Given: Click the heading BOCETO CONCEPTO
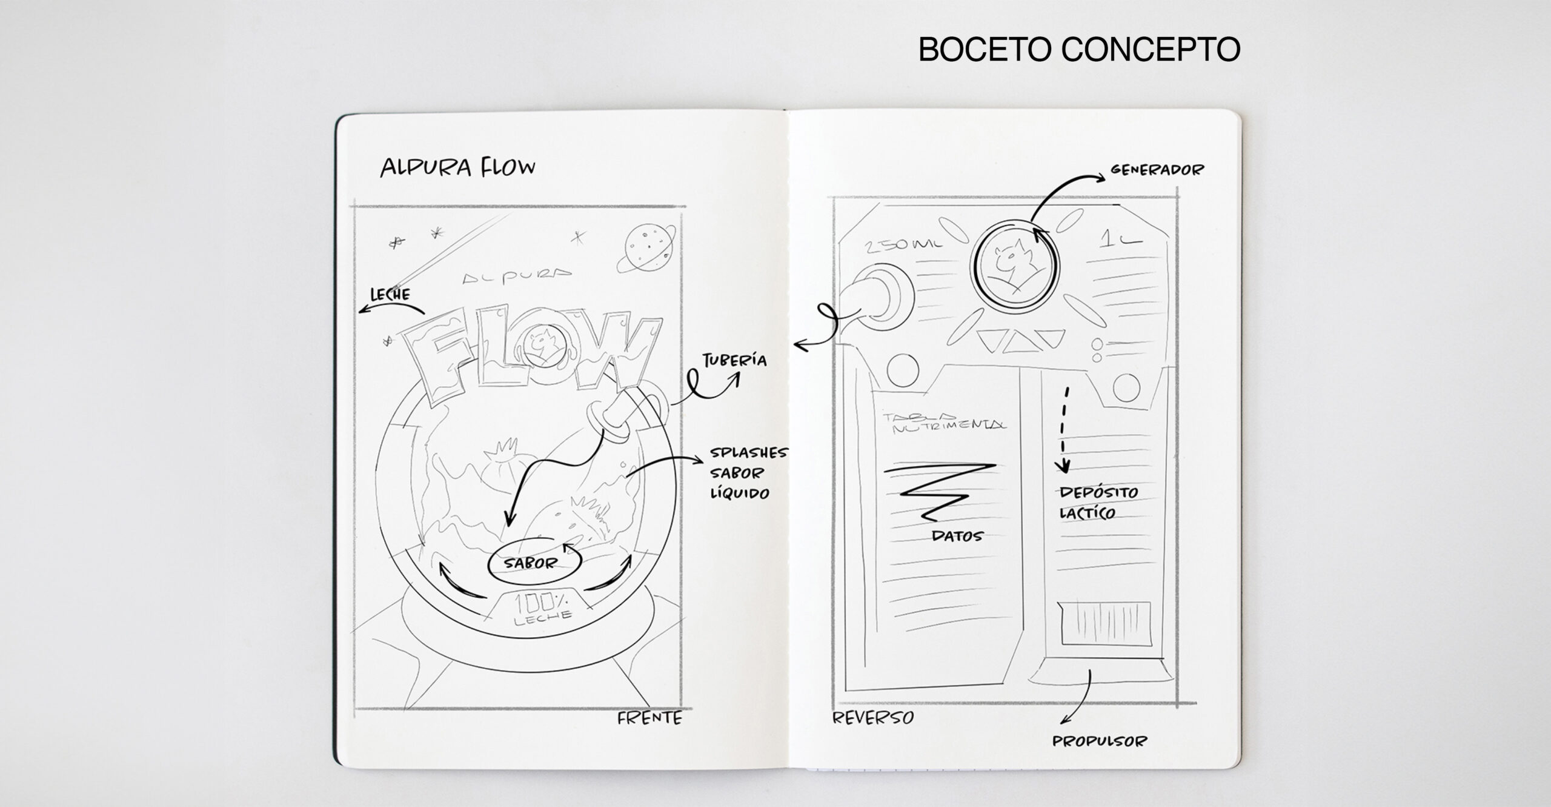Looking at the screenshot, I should (1079, 50).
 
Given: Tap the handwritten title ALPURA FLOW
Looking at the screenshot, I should (457, 167).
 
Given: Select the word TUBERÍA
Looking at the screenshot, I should (734, 361).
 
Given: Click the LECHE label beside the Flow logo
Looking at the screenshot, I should (390, 295).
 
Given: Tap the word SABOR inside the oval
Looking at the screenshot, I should (531, 563).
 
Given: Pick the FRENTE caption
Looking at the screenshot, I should (649, 718).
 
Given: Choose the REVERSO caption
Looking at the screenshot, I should (873, 718).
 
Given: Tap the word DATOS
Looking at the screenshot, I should (957, 536).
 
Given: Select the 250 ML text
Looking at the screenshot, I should (904, 245).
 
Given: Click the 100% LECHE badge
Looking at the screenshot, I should (542, 607).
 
